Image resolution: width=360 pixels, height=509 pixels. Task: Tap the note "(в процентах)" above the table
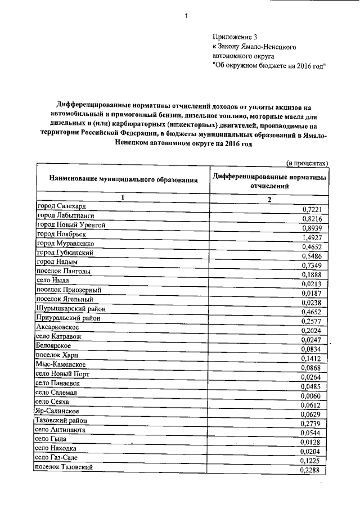pyautogui.click(x=307, y=163)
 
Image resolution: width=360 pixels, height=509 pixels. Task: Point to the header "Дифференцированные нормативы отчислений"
pyautogui.click(x=269, y=180)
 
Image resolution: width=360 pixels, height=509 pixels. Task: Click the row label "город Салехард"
pyautogui.click(x=61, y=206)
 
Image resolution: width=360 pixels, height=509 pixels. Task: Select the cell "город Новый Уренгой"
pyautogui.click(x=70, y=224)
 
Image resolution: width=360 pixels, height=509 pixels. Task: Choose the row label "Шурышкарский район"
pyautogui.click(x=71, y=308)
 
